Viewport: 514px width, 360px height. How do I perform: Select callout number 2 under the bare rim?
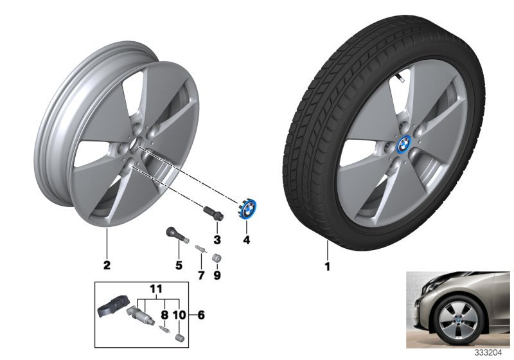[107, 264]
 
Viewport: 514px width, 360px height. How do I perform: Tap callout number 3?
[217, 240]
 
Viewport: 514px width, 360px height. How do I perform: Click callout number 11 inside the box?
[154, 291]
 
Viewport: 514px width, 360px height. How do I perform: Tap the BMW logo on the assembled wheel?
[387, 146]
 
